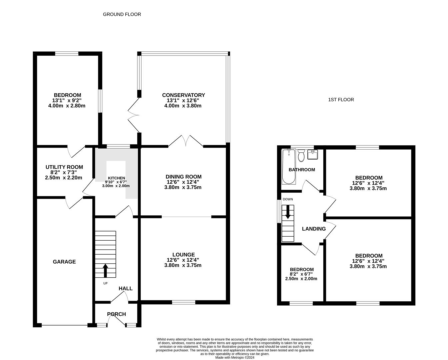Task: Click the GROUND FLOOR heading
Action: click(122, 14)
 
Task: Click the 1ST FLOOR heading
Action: click(341, 100)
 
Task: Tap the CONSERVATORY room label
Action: click(183, 95)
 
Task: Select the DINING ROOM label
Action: click(183, 177)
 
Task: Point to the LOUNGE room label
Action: click(183, 255)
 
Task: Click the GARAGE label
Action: click(64, 262)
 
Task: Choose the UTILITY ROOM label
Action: click(64, 167)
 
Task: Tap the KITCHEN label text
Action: click(116, 178)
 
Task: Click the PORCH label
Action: click(116, 314)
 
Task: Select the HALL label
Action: click(126, 289)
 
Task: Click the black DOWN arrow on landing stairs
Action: click(288, 212)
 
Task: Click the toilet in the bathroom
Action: click(301, 156)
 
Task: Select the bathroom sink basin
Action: click(313, 155)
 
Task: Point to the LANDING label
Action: click(314, 229)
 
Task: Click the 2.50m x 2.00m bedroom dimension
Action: click(301, 279)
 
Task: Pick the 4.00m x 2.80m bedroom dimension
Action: click(67, 106)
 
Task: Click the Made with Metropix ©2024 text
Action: click(235, 357)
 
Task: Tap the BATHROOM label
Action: click(302, 170)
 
